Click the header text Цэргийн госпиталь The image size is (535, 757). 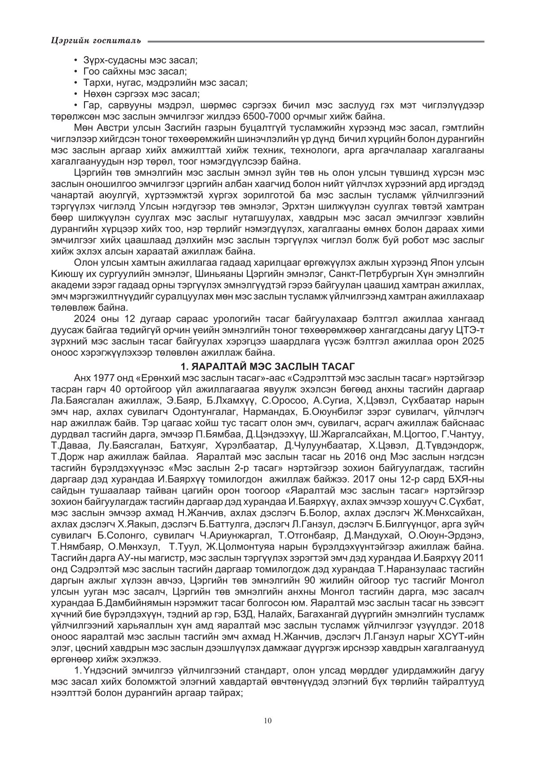[x=96, y=41]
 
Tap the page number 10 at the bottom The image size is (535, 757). [x=268, y=721]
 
